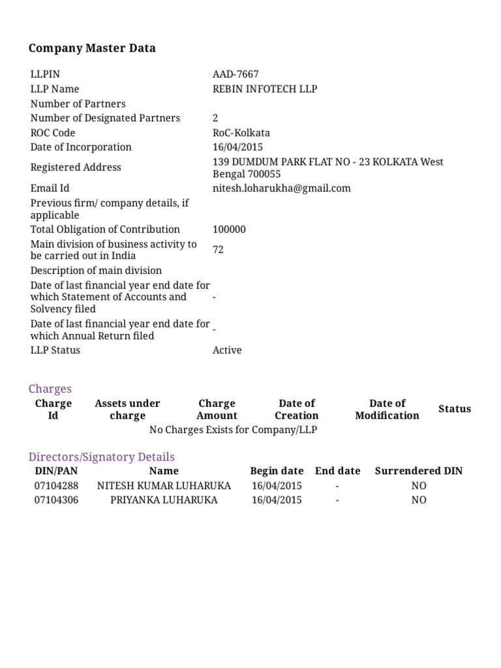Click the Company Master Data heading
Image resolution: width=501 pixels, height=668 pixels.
pyautogui.click(x=92, y=48)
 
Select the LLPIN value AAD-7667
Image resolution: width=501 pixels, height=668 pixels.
pyautogui.click(x=235, y=74)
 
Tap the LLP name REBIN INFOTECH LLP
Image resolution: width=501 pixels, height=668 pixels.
pyautogui.click(x=265, y=89)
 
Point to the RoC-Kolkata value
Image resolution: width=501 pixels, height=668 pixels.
pyautogui.click(x=241, y=132)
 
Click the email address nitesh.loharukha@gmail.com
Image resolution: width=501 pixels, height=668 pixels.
pyautogui.click(x=281, y=188)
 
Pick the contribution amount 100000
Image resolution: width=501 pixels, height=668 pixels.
pyautogui.click(x=229, y=229)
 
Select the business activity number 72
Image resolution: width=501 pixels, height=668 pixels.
pyautogui.click(x=218, y=249)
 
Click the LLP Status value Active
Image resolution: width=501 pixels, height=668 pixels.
pyautogui.click(x=227, y=350)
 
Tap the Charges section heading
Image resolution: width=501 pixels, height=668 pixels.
pyautogui.click(x=50, y=389)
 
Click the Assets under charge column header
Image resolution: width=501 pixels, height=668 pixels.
pyautogui.click(x=127, y=409)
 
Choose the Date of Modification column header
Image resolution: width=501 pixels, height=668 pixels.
pyautogui.click(x=387, y=409)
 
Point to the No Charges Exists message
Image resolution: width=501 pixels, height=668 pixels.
pyautogui.click(x=234, y=430)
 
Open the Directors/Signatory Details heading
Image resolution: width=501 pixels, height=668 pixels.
pyautogui.click(x=102, y=457)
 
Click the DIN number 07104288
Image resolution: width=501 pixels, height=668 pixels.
pyautogui.click(x=56, y=485)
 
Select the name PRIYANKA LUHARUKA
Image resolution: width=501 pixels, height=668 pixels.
pyautogui.click(x=164, y=500)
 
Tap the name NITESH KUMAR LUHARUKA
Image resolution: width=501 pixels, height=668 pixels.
pyautogui.click(x=164, y=485)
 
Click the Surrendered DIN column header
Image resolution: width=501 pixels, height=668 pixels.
pyautogui.click(x=418, y=470)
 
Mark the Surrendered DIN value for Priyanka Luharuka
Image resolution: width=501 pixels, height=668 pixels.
pyautogui.click(x=418, y=500)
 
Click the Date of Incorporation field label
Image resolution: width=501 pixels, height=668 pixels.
pyautogui.click(x=81, y=147)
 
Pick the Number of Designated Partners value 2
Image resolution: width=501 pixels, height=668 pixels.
pyautogui.click(x=215, y=118)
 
